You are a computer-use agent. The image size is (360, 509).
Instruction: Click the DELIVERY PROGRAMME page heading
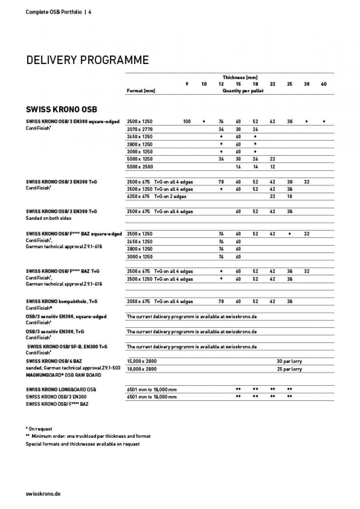[x=87, y=60]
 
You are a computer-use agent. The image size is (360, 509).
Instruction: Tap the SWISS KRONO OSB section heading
[x=62, y=109]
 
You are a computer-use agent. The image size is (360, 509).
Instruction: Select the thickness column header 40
[x=324, y=84]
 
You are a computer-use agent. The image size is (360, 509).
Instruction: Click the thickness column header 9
[x=187, y=84]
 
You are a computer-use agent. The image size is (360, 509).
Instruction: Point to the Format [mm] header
[x=140, y=91]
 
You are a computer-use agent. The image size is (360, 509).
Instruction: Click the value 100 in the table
[x=187, y=122]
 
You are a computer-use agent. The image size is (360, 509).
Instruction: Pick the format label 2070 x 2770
[x=140, y=129]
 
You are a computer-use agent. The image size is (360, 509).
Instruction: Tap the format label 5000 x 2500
[x=140, y=166]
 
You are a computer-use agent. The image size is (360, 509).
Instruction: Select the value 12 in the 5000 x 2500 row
[x=272, y=166]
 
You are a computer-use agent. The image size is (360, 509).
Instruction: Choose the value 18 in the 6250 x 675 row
[x=289, y=196]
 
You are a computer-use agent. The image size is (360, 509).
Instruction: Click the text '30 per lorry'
[x=289, y=361]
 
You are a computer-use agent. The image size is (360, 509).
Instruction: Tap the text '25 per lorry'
[x=289, y=369]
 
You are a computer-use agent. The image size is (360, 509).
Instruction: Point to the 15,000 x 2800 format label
[x=142, y=361]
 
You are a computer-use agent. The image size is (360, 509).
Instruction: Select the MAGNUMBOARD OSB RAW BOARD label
[x=64, y=375]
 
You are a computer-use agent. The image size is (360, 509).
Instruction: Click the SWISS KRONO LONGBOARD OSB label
[x=61, y=389]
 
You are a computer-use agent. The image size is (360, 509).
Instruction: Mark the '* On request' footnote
[x=39, y=429]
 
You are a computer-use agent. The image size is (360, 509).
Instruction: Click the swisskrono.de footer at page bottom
[x=43, y=493]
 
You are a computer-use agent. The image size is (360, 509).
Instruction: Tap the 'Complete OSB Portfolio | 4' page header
[x=58, y=12]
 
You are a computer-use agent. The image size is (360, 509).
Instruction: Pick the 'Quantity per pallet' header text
[x=243, y=91]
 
